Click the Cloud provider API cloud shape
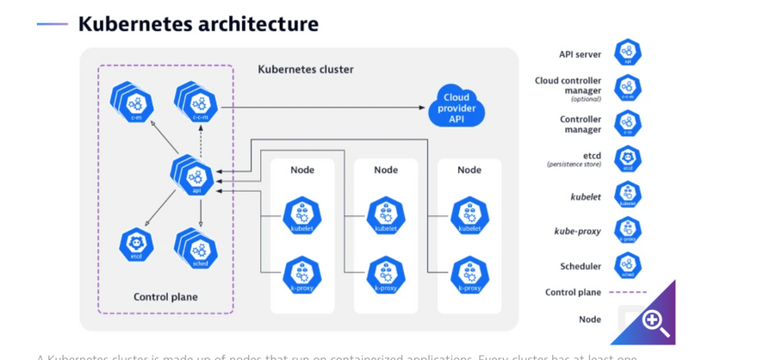click(457, 107)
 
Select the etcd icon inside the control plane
click(136, 245)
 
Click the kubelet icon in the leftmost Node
click(302, 216)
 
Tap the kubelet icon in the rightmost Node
click(469, 216)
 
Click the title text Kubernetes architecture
click(198, 24)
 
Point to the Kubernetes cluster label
click(306, 70)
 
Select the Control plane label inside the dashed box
click(165, 297)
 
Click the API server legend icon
click(628, 53)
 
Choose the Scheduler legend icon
click(628, 265)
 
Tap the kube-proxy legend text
click(578, 231)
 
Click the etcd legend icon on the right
click(628, 159)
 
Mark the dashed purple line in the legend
click(628, 292)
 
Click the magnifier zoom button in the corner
click(654, 323)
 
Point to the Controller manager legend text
click(581, 124)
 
